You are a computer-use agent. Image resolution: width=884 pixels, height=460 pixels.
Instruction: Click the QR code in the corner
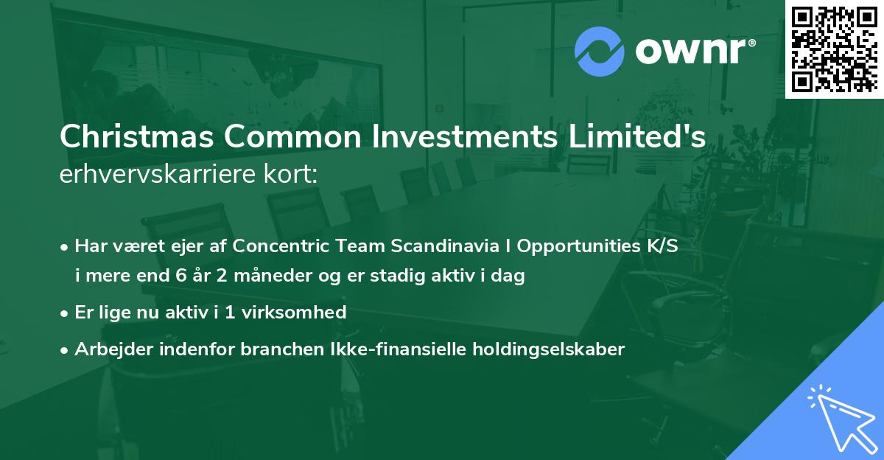click(834, 49)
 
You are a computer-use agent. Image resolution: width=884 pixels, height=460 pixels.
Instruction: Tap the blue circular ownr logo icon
click(600, 52)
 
